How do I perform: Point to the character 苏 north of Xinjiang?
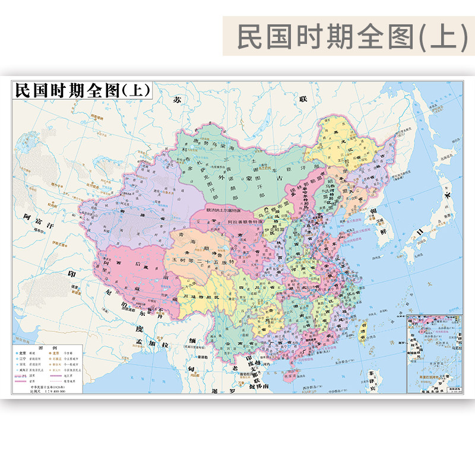point(176,100)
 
